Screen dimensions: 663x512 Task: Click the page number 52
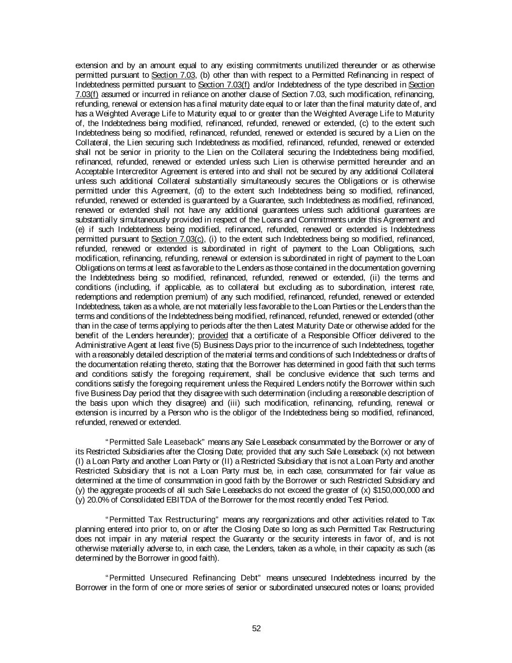click(x=257, y=628)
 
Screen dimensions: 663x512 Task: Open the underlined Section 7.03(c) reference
click(x=178, y=239)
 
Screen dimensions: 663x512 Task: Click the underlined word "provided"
click(x=213, y=336)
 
